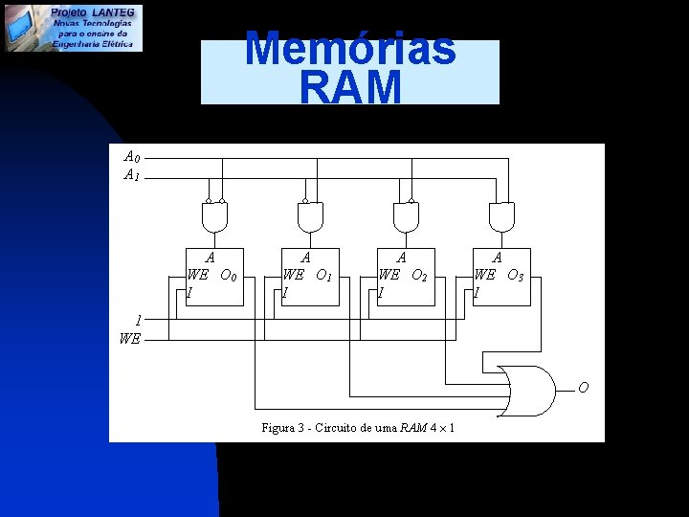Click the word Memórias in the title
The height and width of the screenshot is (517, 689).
(350, 49)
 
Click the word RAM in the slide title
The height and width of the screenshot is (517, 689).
(350, 87)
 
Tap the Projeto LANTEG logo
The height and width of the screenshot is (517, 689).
(73, 27)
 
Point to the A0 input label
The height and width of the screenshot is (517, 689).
(132, 156)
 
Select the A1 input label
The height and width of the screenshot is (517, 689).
(132, 175)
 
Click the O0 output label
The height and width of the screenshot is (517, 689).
(228, 276)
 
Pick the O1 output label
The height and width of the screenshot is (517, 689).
(323, 276)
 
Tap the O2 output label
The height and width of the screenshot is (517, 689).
(419, 276)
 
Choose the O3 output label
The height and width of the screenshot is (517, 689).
(515, 276)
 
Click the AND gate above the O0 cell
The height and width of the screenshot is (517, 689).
(214, 218)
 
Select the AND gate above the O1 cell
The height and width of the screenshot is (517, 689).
(310, 218)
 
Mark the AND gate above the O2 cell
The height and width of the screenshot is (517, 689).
(406, 218)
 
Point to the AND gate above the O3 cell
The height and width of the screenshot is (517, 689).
(501, 218)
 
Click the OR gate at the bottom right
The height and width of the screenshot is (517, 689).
(528, 390)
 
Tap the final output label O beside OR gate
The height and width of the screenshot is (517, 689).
(583, 388)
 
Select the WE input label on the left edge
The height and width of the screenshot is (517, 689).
(130, 338)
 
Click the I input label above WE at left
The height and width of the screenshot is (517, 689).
(139, 321)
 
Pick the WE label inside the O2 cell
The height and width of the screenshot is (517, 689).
(389, 275)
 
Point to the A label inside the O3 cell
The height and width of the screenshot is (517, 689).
(497, 257)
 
